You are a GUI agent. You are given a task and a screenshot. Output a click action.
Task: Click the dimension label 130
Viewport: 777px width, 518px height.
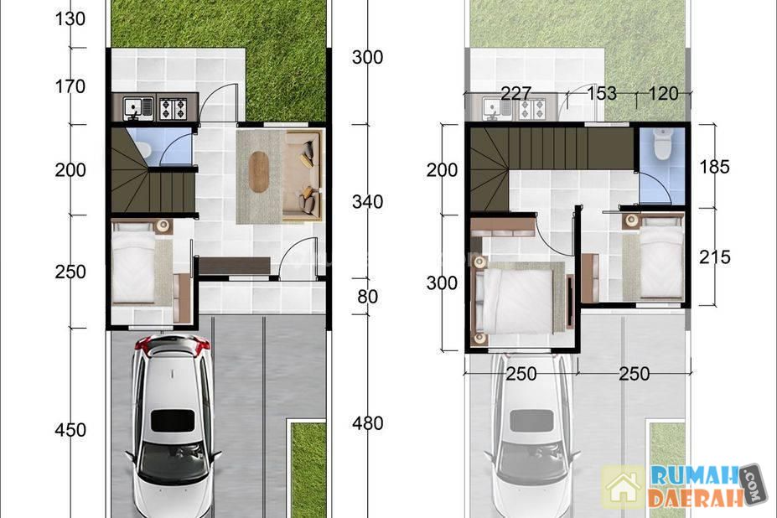(x=70, y=18)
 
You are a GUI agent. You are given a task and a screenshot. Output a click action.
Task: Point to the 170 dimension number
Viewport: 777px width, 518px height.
(x=70, y=86)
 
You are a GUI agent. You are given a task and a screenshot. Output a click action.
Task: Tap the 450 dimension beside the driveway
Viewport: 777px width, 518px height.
(x=70, y=430)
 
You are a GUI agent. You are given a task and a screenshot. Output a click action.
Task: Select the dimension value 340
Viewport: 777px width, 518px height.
(x=367, y=202)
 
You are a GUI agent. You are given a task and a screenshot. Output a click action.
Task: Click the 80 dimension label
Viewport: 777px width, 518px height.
(x=367, y=297)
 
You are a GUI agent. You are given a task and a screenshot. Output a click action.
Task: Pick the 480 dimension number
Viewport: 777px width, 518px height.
(x=367, y=422)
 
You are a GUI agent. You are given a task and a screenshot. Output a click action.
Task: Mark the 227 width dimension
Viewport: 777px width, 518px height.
(x=515, y=93)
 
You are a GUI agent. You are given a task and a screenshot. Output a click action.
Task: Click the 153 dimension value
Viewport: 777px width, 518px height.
(x=602, y=93)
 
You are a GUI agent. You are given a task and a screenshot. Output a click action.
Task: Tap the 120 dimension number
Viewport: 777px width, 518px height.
(x=663, y=93)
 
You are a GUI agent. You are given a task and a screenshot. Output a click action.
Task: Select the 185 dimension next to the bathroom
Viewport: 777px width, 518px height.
(x=715, y=167)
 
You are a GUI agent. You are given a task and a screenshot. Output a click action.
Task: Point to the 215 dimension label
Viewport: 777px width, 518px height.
(x=715, y=256)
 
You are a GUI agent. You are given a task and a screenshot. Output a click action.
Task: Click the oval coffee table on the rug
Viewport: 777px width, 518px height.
(x=259, y=172)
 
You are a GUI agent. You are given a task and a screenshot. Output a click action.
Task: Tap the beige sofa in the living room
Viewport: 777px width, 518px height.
(x=302, y=175)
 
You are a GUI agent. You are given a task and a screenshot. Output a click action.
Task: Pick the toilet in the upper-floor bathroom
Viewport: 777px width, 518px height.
(x=662, y=144)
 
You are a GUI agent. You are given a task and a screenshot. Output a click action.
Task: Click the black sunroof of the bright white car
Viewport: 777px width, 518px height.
(x=173, y=421)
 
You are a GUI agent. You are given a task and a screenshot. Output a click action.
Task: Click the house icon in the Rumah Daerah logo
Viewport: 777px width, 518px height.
(x=623, y=489)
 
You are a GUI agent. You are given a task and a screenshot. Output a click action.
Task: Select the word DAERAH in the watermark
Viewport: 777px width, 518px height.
(x=697, y=498)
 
